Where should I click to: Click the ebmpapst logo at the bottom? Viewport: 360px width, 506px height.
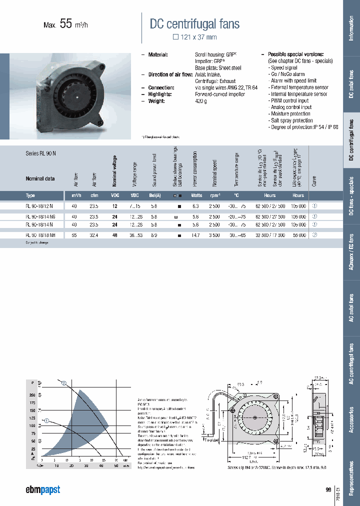(x=43, y=489)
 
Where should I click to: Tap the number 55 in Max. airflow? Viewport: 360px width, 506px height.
(x=66, y=23)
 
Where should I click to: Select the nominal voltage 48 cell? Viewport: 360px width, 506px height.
(x=114, y=234)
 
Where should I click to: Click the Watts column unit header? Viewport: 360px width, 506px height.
(x=196, y=195)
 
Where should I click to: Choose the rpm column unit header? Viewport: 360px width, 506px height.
(x=214, y=195)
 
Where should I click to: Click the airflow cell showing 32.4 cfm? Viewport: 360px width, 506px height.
(x=94, y=234)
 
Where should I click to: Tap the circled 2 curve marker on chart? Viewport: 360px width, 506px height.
(x=64, y=384)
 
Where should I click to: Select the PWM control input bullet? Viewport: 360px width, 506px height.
(x=290, y=100)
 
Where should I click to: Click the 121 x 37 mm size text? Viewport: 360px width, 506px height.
(x=195, y=37)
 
